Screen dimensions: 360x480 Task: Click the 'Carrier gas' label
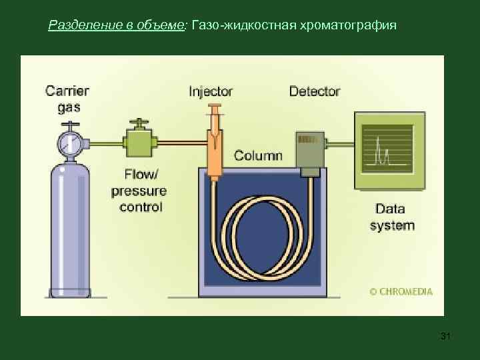point(67,98)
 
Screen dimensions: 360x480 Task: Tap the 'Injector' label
point(211,91)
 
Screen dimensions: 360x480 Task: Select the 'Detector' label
point(315,91)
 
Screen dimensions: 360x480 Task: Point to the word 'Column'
point(258,156)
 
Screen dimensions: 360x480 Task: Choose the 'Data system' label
point(392,217)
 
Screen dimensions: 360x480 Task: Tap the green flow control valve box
point(139,142)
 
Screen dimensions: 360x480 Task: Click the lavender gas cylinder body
point(69,227)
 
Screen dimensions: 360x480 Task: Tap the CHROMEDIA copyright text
point(401,291)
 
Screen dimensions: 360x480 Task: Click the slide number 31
point(446,337)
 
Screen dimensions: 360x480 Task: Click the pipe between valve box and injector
point(180,142)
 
